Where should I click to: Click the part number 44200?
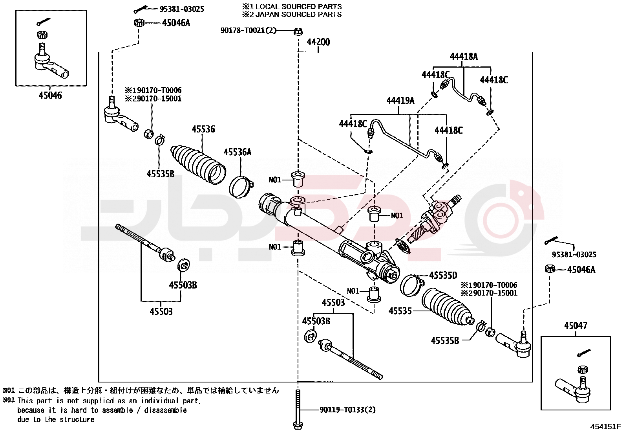[x=318, y=42]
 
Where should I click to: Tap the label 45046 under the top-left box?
[x=50, y=95]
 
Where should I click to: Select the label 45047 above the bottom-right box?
[x=576, y=326]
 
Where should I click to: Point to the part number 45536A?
[x=238, y=152]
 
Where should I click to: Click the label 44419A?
[x=400, y=101]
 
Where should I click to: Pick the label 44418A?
[x=464, y=57]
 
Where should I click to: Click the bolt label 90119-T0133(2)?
[x=347, y=410]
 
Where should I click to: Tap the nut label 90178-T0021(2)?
[x=248, y=30]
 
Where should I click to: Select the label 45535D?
[x=443, y=275]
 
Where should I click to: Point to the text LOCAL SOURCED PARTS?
[x=298, y=7]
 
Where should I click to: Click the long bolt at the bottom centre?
[x=298, y=409]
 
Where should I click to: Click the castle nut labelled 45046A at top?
[x=139, y=23]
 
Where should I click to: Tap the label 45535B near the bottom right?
[x=445, y=341]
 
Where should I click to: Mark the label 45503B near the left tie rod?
[x=183, y=285]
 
